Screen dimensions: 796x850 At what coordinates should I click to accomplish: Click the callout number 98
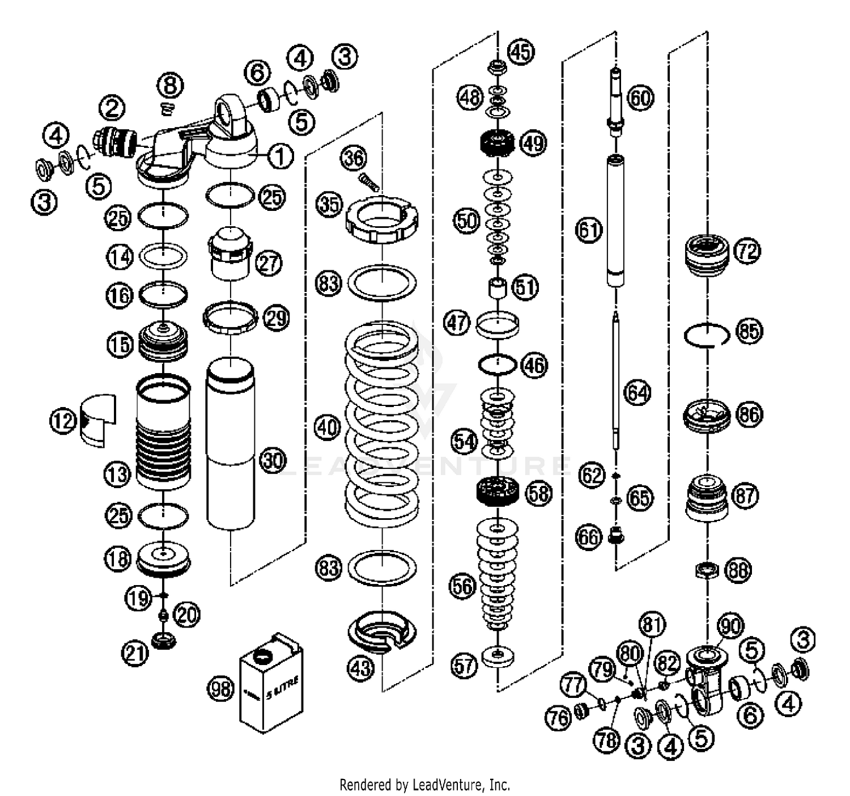tap(220, 689)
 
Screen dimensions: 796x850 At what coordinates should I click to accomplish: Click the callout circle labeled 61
tap(589, 230)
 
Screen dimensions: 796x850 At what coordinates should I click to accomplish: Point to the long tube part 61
tap(617, 221)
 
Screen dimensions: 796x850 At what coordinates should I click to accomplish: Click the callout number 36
tap(354, 158)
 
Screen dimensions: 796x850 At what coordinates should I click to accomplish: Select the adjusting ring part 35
tap(382, 219)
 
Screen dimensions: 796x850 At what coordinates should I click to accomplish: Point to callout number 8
tap(170, 86)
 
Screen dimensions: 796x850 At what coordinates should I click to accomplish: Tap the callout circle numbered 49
tap(533, 143)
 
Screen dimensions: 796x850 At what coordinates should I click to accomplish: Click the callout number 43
tap(361, 668)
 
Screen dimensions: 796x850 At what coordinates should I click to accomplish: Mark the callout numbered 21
tap(134, 654)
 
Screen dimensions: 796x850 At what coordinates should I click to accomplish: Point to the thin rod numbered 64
tap(616, 380)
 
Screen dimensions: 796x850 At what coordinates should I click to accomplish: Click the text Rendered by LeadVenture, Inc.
tap(424, 785)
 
